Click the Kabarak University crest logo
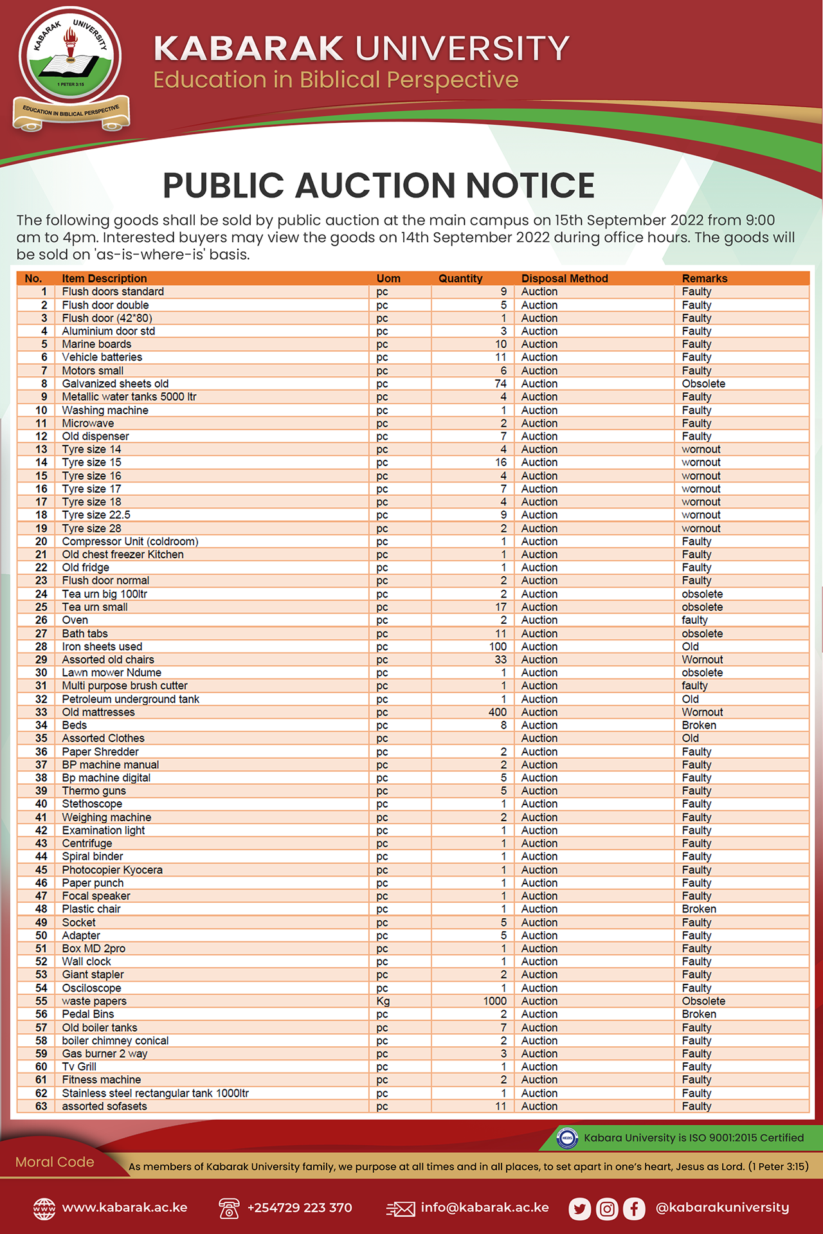coord(71,68)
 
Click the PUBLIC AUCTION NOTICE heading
coord(378,185)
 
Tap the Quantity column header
coord(460,278)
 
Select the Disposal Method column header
coord(565,278)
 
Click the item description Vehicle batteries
coord(102,357)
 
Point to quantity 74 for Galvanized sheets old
coord(500,383)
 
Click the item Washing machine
coord(105,410)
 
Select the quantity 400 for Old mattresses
coord(497,712)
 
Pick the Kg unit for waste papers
coord(383,1001)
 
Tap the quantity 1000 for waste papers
coord(494,1001)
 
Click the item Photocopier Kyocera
coord(113,869)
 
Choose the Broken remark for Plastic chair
coord(699,909)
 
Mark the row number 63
coord(41,1106)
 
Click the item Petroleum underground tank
coord(131,699)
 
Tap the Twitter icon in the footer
coord(580,1209)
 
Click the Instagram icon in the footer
coord(607,1209)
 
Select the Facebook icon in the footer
coord(634,1209)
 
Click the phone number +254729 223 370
coord(300,1208)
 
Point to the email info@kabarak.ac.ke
coord(485,1208)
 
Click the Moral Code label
coord(55,1162)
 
